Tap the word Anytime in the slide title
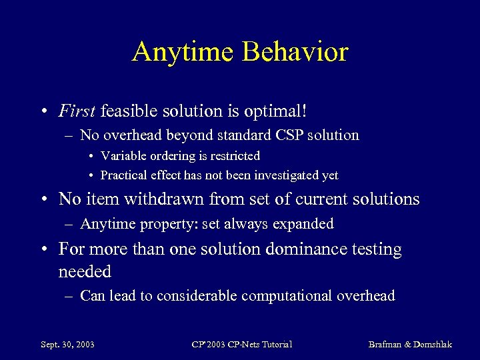click(x=182, y=51)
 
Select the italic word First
click(x=77, y=110)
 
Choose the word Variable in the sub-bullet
click(x=122, y=156)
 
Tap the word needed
click(x=85, y=271)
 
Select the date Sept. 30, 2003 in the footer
click(x=67, y=345)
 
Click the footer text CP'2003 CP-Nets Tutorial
click(x=242, y=345)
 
